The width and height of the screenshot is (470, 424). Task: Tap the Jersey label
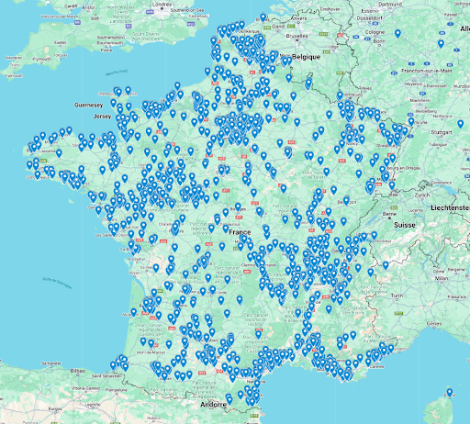click(x=102, y=117)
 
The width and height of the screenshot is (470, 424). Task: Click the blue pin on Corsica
click(x=449, y=392)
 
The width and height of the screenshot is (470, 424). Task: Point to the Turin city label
click(x=397, y=296)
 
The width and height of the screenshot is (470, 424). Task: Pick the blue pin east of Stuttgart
click(x=461, y=123)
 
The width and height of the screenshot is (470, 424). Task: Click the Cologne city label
click(x=375, y=30)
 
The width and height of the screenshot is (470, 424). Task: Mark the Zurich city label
click(x=421, y=195)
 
